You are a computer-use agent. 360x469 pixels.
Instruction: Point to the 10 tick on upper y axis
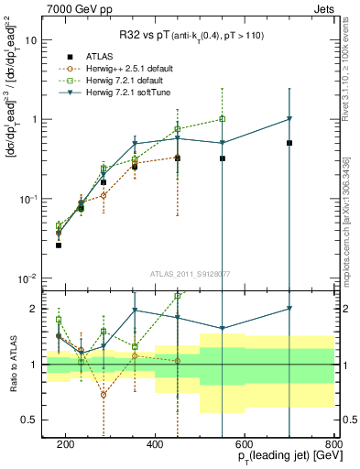(x=32, y=40)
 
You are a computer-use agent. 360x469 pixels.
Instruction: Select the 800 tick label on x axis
(x=334, y=444)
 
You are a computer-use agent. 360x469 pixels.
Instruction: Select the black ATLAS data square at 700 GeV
(x=289, y=143)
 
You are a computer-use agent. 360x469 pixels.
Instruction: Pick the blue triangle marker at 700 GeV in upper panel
(x=289, y=119)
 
